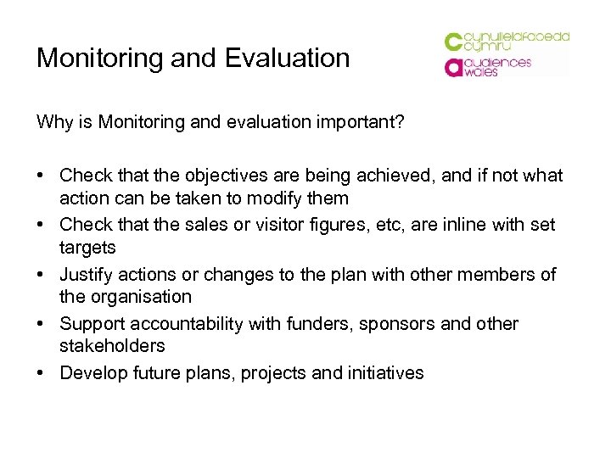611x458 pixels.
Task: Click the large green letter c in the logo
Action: [x=454, y=42]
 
